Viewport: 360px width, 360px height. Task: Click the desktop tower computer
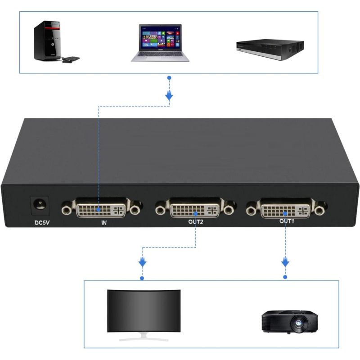click(x=48, y=41)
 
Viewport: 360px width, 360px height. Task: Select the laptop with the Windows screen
click(x=160, y=43)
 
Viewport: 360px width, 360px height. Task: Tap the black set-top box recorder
click(x=270, y=49)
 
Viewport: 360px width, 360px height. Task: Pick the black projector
click(x=290, y=321)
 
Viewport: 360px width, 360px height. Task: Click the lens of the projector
click(x=298, y=323)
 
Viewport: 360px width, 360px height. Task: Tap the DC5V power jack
click(x=40, y=205)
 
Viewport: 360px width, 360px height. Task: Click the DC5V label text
click(x=42, y=222)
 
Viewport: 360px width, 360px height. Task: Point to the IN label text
click(x=104, y=222)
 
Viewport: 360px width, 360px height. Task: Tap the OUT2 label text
click(x=196, y=222)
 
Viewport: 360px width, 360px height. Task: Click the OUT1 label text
click(x=287, y=221)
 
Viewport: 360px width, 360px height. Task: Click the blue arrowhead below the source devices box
click(x=169, y=96)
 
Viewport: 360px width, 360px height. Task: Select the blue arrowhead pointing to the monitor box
click(x=142, y=262)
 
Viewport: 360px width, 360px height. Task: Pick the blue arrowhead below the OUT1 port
click(x=285, y=262)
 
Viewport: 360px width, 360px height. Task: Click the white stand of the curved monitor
click(x=144, y=337)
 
